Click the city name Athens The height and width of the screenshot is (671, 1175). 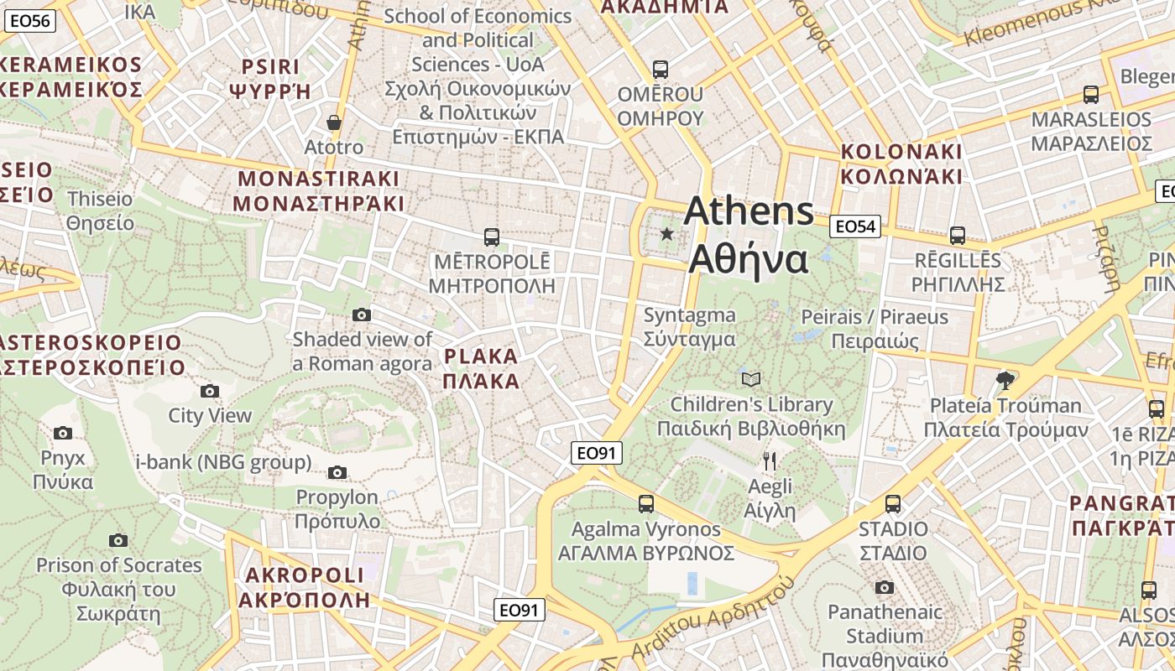[749, 211]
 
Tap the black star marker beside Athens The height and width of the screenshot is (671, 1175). [667, 234]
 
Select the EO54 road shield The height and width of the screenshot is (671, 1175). [855, 226]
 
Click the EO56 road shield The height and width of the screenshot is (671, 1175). [29, 21]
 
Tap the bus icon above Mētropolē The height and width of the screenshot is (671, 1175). [492, 237]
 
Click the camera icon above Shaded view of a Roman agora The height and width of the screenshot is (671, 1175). [362, 315]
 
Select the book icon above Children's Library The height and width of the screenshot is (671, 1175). [751, 380]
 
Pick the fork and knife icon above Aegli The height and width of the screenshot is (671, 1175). [770, 460]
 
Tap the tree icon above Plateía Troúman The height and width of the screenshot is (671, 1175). [1005, 381]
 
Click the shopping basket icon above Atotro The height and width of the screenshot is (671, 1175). [334, 122]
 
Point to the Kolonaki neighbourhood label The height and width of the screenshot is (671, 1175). [901, 164]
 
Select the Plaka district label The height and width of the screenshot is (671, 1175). [481, 368]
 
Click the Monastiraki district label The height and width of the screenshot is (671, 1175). [319, 190]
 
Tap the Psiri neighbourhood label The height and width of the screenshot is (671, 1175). [270, 79]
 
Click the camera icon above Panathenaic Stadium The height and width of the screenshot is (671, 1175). [885, 587]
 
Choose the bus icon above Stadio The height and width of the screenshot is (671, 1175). [893, 504]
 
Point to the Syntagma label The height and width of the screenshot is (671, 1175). [689, 327]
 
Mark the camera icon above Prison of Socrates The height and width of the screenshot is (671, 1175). [118, 541]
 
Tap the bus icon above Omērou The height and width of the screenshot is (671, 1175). [661, 69]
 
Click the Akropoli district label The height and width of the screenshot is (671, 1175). [304, 587]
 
